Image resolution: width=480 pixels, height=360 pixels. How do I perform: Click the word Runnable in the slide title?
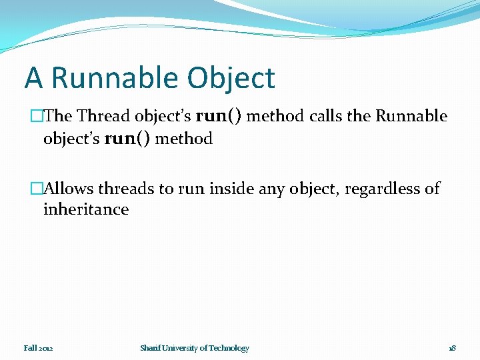click(x=115, y=78)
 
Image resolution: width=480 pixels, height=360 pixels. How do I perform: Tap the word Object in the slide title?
click(x=231, y=78)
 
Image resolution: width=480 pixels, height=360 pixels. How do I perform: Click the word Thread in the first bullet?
click(x=103, y=116)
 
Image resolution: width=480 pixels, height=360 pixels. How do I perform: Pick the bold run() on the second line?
click(x=127, y=139)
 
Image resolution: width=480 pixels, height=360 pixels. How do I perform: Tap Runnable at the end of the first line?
click(x=411, y=116)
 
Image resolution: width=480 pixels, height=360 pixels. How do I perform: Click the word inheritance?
click(x=85, y=209)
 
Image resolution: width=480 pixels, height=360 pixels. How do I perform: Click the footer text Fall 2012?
click(x=38, y=348)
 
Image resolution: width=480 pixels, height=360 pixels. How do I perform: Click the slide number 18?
click(x=452, y=348)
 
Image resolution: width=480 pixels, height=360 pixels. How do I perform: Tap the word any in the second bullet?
click(x=271, y=189)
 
